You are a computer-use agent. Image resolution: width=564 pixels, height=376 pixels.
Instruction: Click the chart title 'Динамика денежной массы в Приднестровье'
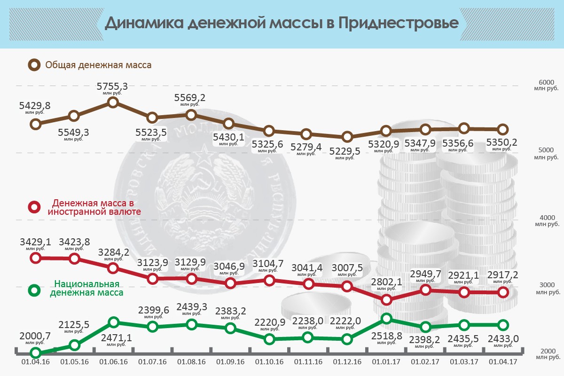(281, 23)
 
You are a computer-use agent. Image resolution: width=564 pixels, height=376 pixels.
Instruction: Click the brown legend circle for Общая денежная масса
(34, 65)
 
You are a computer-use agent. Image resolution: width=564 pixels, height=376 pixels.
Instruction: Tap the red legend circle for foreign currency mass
(34, 207)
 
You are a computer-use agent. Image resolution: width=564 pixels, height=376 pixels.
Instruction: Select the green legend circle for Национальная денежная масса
(34, 290)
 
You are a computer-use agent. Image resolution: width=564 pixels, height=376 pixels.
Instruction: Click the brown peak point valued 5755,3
(113, 102)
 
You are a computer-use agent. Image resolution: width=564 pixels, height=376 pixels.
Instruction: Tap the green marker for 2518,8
(386, 319)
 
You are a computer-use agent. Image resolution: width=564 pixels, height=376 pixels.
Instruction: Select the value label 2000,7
(35, 336)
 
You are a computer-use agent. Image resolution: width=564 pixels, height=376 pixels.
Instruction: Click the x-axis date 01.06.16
(113, 362)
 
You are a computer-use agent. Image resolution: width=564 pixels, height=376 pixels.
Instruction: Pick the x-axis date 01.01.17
(386, 362)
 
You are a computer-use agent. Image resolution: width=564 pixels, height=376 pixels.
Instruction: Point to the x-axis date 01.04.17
(502, 362)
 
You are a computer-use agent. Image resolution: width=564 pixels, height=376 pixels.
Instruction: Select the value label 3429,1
(35, 242)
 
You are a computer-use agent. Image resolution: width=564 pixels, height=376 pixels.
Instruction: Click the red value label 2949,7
(425, 274)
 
